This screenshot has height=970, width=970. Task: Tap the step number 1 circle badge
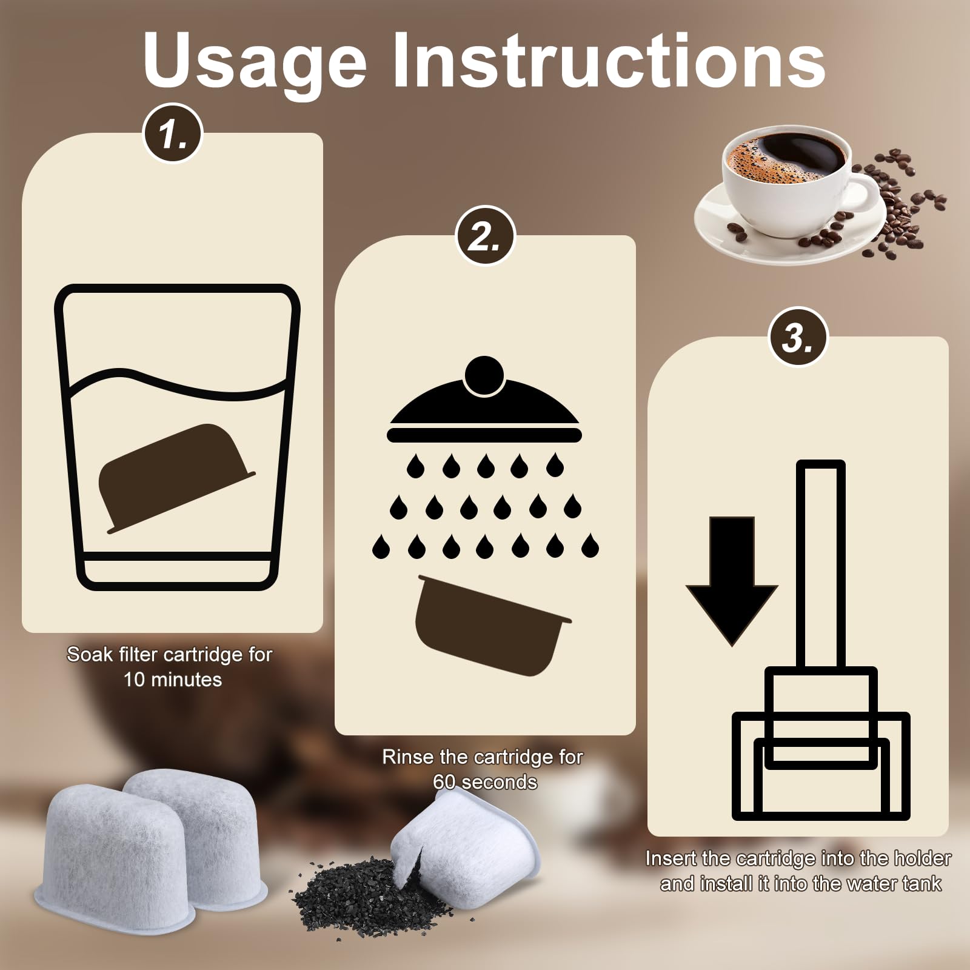tap(173, 139)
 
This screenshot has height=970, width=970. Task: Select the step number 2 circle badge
tap(486, 236)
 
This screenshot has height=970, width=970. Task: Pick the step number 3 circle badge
tap(798, 337)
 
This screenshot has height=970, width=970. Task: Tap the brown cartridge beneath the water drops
tap(492, 624)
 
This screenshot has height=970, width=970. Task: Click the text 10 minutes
tap(173, 680)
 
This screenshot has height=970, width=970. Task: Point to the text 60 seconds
tap(485, 782)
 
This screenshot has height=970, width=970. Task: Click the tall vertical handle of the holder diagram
tap(821, 564)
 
